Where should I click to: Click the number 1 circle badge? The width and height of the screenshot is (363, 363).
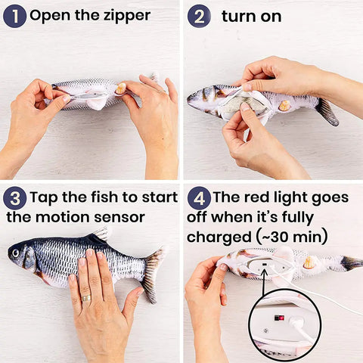(x=14, y=15)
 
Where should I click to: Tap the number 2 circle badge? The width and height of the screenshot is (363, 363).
(x=199, y=15)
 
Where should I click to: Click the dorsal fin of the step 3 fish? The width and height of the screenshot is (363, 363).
(x=99, y=235)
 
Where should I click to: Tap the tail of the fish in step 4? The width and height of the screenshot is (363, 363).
(x=350, y=263)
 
